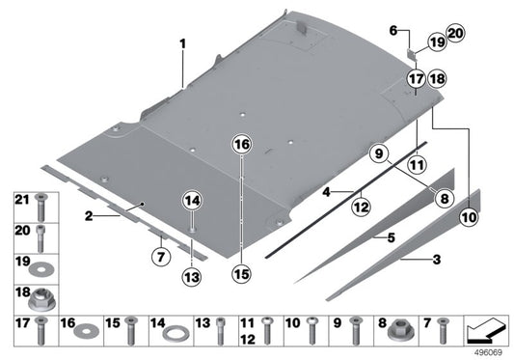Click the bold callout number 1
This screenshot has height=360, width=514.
[180, 43]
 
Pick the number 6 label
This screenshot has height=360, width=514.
[392, 31]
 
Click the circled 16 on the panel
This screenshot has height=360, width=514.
[240, 145]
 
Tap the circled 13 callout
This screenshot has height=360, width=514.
[192, 277]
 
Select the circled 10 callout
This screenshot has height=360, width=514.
[468, 218]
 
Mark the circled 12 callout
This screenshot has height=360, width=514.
[360, 206]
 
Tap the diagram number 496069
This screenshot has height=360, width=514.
[492, 353]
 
